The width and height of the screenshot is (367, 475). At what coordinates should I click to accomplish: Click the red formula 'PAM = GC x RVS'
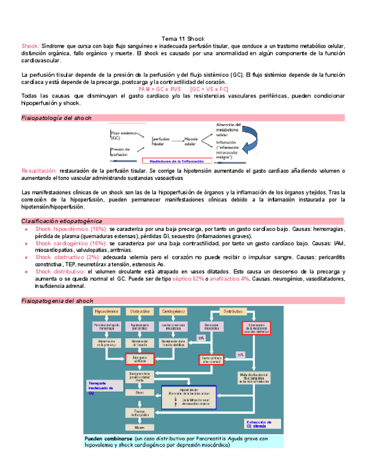pyautogui.click(x=160, y=89)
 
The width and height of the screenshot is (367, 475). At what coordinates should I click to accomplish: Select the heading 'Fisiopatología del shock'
pyautogui.click(x=56, y=118)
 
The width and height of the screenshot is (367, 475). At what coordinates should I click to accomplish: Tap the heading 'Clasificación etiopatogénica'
pyautogui.click(x=62, y=221)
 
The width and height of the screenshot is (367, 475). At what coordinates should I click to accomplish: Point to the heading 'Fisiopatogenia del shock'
pyautogui.click(x=57, y=301)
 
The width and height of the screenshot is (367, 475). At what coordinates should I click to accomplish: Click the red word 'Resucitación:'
pyautogui.click(x=39, y=170)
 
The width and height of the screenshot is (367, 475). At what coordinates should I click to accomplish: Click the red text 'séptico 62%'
pyautogui.click(x=188, y=278)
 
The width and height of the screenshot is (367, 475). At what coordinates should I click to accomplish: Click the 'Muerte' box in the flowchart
pyautogui.click(x=139, y=427)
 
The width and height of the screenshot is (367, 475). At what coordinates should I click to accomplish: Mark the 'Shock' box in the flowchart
pyautogui.click(x=139, y=393)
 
